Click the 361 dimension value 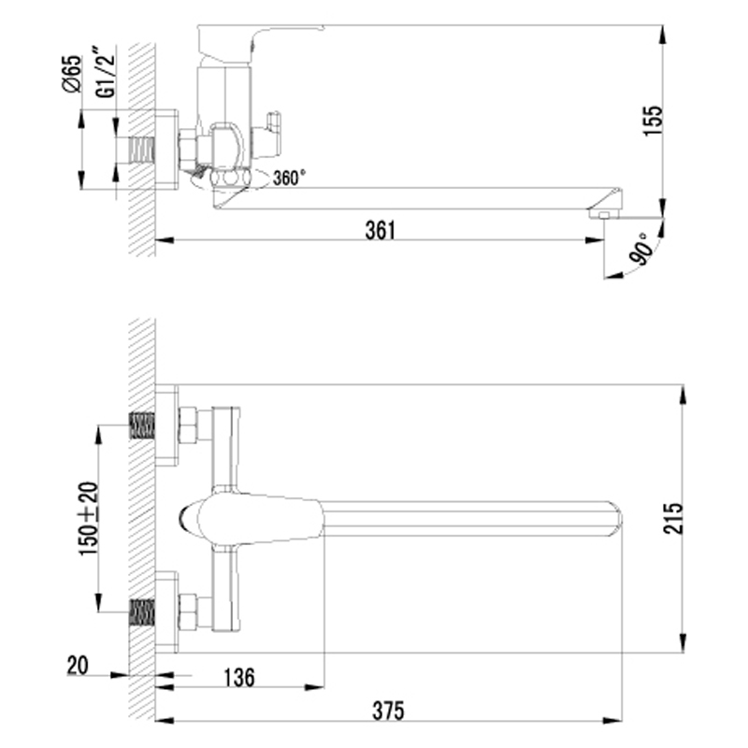[x=381, y=230]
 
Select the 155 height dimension [x=653, y=121]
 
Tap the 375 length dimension [x=388, y=711]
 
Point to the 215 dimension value [x=673, y=518]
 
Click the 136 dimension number [x=239, y=677]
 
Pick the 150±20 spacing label [x=88, y=518]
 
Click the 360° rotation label [x=289, y=178]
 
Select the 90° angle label [x=641, y=249]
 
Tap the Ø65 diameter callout [x=72, y=74]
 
